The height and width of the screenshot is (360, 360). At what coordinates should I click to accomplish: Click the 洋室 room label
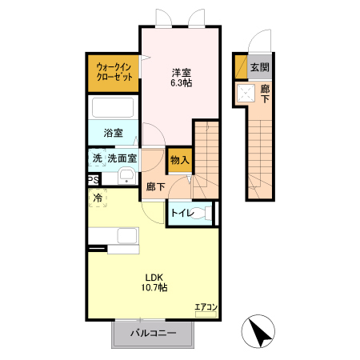click(x=180, y=72)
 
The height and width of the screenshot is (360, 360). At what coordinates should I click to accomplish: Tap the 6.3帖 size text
click(x=180, y=82)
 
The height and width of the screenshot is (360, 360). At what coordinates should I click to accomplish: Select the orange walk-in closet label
click(x=113, y=72)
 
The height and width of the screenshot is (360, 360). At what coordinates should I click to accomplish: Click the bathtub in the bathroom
click(x=114, y=109)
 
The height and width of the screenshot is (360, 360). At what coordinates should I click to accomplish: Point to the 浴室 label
click(x=113, y=133)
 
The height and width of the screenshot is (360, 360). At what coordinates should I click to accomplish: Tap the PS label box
click(x=93, y=181)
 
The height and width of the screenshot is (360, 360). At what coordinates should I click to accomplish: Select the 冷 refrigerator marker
click(x=97, y=197)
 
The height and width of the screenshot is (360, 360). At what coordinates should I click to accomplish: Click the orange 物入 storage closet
click(x=179, y=159)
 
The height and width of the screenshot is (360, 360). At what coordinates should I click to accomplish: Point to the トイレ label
click(x=182, y=213)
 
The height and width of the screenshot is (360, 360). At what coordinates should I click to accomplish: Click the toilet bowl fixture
click(x=206, y=214)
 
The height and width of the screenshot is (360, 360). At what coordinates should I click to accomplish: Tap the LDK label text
click(x=154, y=278)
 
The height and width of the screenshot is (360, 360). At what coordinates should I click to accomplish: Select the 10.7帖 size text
click(x=154, y=289)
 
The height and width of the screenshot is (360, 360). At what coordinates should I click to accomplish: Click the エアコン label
click(x=206, y=307)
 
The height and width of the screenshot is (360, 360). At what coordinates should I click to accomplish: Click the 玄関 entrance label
click(x=258, y=68)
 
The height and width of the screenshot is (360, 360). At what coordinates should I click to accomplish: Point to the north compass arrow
click(x=261, y=331)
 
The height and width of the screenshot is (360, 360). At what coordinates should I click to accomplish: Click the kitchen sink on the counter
click(x=126, y=237)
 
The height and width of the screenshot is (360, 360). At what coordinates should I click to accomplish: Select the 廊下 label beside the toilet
click(x=155, y=187)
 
